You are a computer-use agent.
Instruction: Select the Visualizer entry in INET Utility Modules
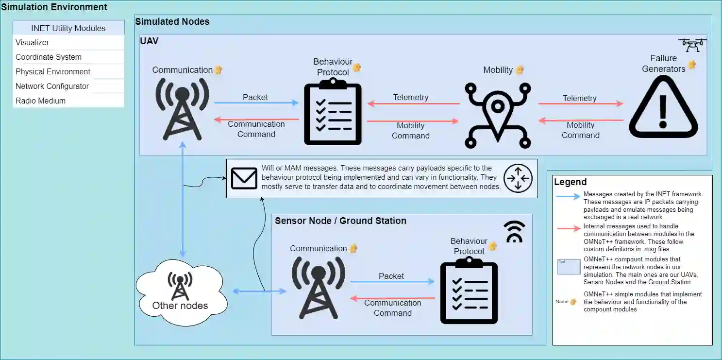coord(33,43)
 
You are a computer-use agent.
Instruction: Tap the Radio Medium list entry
coord(40,101)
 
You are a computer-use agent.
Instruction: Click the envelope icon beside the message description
coord(244,178)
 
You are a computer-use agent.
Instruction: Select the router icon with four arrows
coord(518,178)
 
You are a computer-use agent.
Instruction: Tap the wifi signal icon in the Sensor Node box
coord(514,232)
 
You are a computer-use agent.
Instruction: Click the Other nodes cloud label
coord(180,306)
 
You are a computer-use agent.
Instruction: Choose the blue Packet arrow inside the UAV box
coord(256,103)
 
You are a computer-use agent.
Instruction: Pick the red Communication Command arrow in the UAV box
coord(256,119)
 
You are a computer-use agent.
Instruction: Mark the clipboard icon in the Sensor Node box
coord(469,293)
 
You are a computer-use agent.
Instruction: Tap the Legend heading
coord(570,182)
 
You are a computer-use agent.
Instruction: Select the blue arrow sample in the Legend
coord(569,197)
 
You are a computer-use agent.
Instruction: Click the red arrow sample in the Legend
coord(569,228)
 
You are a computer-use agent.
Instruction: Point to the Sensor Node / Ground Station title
coord(340,221)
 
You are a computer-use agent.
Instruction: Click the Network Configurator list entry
coord(52,86)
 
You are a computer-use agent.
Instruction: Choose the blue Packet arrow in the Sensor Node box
coord(392,281)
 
